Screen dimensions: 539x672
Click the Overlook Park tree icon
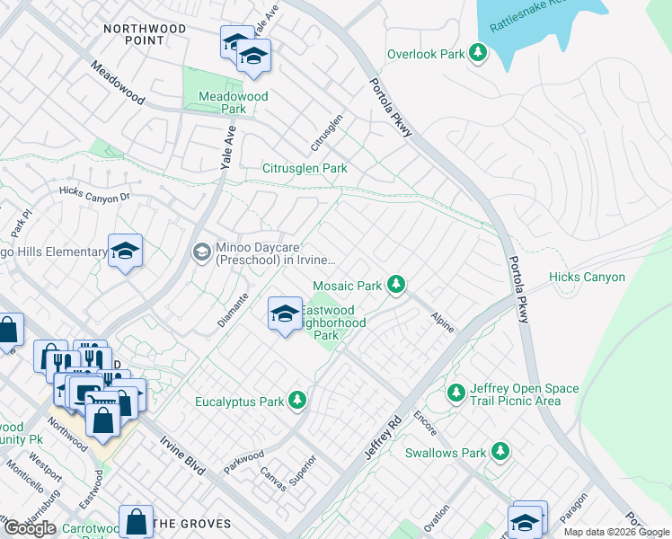(x=479, y=54)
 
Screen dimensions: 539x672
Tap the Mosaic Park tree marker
(x=395, y=286)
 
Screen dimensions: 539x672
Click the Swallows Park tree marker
(x=500, y=453)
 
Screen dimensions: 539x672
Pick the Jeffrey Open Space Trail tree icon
(x=456, y=393)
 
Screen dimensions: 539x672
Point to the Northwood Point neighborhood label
(x=145, y=35)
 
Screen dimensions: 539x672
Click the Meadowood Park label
(x=222, y=102)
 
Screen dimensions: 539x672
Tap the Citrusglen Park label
(x=305, y=168)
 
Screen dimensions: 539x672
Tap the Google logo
(x=30, y=528)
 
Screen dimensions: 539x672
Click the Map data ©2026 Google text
(x=616, y=532)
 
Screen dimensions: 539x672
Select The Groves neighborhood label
(x=191, y=524)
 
